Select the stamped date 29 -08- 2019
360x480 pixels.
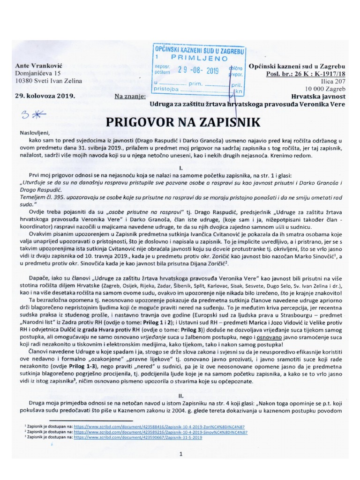pyautogui.click(x=199, y=71)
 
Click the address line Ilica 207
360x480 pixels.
pyautogui.click(x=332, y=82)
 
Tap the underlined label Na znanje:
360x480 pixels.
pyautogui.click(x=130, y=97)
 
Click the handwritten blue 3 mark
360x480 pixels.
pyautogui.click(x=29, y=114)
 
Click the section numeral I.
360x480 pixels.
pyautogui.click(x=180, y=167)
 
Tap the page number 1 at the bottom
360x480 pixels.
pyautogui.click(x=180, y=454)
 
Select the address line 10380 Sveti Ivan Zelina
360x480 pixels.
pyautogui.click(x=48, y=81)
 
